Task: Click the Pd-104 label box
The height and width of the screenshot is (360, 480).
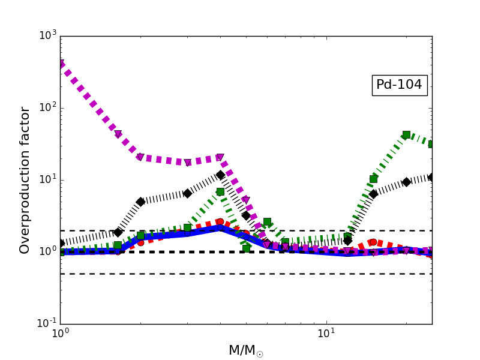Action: [399, 85]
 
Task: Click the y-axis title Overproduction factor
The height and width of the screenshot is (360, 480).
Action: [25, 180]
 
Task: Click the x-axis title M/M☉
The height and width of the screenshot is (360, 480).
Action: [245, 351]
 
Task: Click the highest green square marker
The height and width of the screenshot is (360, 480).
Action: [406, 135]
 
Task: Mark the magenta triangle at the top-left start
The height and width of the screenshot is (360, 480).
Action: [61, 64]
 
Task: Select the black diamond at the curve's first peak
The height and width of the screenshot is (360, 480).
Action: [220, 175]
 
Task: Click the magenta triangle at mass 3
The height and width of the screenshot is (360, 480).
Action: [187, 163]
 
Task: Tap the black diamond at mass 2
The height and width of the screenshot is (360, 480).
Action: [140, 202]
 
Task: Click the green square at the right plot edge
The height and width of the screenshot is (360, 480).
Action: [431, 144]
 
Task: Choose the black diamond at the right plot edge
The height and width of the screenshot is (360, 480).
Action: [431, 177]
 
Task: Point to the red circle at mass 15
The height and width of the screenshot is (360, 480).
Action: [373, 242]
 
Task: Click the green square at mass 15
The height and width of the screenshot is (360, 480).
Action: [373, 179]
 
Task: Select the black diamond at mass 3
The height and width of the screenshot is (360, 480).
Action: [187, 193]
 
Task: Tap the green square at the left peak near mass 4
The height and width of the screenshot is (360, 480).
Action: [220, 192]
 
